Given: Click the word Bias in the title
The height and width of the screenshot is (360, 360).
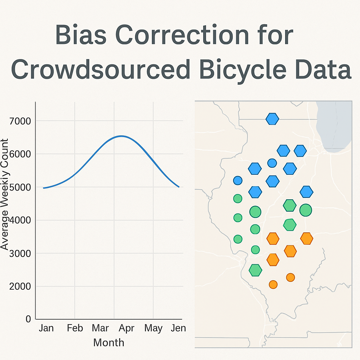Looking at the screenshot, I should (81, 35).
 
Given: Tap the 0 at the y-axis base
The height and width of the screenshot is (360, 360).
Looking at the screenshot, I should (28, 319).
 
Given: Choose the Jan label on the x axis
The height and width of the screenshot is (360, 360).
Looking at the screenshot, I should (46, 328).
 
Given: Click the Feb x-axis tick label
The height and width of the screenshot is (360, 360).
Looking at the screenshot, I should (75, 328).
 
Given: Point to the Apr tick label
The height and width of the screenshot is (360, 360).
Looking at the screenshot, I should (127, 328).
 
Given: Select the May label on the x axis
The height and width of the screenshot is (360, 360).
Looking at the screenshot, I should (153, 328).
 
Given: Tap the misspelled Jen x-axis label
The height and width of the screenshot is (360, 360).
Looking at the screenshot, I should (178, 328).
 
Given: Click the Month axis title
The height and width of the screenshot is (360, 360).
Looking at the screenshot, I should (109, 342).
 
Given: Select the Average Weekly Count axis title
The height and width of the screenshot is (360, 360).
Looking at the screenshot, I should (5, 194).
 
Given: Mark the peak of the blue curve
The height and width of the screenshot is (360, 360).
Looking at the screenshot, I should (121, 136).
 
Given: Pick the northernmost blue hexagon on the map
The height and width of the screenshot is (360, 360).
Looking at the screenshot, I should (272, 119).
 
